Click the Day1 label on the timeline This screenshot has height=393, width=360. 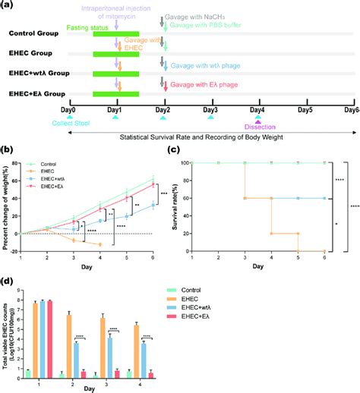(117, 111)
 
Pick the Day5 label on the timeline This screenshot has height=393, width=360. (305, 111)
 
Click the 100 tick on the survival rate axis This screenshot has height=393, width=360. (183, 162)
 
